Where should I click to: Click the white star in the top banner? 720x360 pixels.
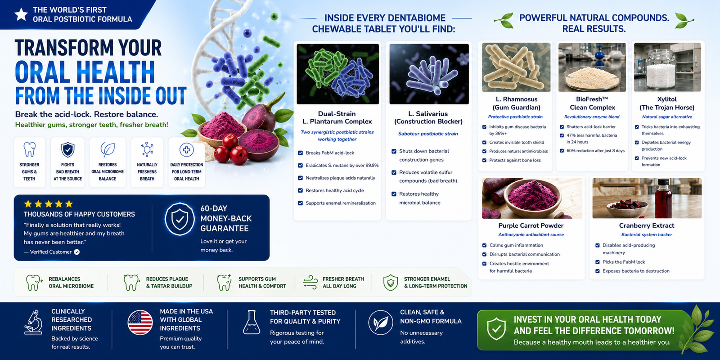click(x=21, y=14)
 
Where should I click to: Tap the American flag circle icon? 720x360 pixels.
click(x=140, y=322)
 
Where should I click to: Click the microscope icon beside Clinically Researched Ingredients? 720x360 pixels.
click(x=33, y=322)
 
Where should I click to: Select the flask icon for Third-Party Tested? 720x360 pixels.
click(x=252, y=322)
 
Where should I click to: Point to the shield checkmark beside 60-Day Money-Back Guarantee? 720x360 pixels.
click(x=180, y=219)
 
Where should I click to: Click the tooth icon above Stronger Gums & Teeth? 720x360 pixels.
click(x=29, y=149)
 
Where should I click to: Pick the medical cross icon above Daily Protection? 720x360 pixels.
click(x=186, y=150)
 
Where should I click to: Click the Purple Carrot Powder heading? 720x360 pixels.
click(x=531, y=225)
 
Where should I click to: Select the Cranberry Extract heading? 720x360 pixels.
click(x=647, y=225)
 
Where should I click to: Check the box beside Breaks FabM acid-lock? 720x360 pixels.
click(x=300, y=153)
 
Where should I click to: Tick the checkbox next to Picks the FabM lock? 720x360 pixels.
click(x=597, y=262)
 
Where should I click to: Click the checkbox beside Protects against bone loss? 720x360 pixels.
click(x=484, y=160)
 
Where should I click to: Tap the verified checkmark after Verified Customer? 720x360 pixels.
click(x=77, y=252)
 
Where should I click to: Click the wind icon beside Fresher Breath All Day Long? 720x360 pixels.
click(x=310, y=282)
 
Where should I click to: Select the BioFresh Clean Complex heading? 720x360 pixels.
click(x=592, y=103)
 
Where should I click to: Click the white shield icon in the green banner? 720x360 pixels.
click(x=496, y=329)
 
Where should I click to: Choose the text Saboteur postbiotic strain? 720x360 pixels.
click(x=428, y=134)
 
